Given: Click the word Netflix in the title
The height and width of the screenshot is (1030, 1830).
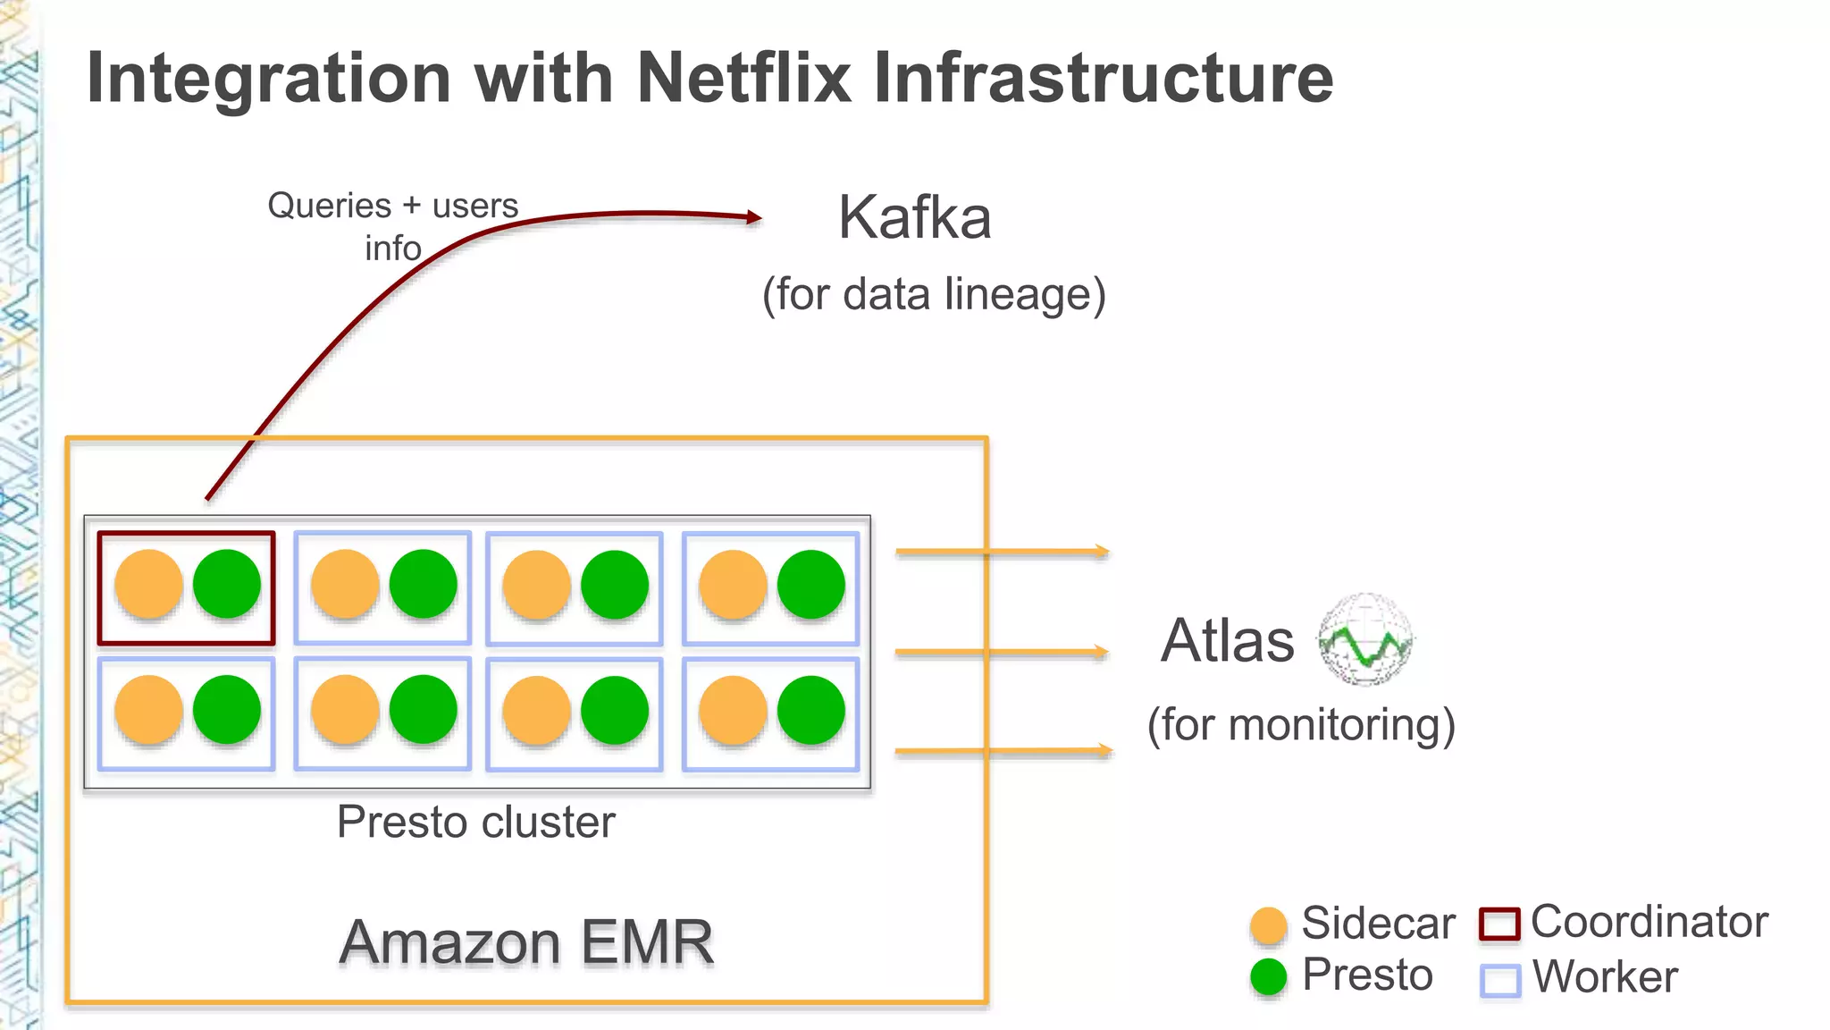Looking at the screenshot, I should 743,79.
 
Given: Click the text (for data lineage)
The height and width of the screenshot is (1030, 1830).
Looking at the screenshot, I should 934,294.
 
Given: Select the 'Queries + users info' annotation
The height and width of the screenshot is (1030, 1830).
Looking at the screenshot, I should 393,226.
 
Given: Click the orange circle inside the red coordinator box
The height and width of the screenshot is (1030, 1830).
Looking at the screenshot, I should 149,585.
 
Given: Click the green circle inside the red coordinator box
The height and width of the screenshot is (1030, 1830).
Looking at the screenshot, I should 227,584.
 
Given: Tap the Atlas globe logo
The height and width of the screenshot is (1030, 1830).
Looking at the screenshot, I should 1365,639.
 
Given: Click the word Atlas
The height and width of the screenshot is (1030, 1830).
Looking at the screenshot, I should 1227,640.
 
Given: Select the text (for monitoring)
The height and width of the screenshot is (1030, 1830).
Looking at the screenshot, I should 1301,724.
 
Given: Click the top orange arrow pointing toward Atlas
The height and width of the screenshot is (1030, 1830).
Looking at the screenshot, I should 1001,553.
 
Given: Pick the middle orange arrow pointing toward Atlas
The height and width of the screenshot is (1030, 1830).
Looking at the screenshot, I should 1001,653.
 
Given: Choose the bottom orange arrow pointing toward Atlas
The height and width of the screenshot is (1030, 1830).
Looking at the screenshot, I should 1001,751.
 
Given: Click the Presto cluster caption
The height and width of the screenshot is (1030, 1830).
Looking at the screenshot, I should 475,822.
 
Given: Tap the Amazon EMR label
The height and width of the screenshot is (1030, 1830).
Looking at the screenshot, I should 526,942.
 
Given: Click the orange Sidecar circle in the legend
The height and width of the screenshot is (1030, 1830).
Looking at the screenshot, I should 1269,925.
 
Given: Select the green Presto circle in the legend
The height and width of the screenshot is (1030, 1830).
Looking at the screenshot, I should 1269,977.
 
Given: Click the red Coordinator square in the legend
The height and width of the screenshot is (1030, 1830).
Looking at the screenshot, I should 1499,924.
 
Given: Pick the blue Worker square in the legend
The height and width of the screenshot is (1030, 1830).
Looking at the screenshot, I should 1499,980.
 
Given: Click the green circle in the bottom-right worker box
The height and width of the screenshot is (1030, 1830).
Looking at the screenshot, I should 810,711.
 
